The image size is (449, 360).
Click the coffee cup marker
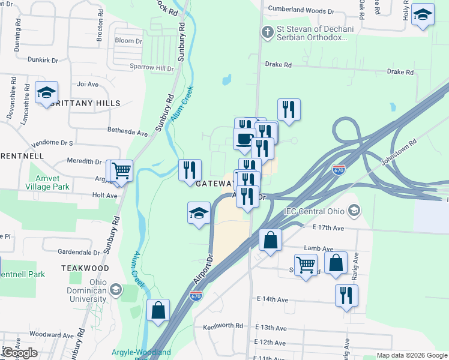[244, 139]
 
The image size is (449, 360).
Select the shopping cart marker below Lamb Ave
[306, 264]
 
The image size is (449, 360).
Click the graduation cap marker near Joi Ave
[46, 93]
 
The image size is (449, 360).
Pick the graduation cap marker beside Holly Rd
[423, 15]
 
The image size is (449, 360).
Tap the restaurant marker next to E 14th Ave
[346, 295]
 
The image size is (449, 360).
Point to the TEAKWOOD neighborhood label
[85, 268]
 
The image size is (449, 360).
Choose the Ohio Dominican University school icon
[115, 290]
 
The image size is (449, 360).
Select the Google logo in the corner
[19, 353]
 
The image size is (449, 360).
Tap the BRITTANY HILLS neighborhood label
[85, 103]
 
